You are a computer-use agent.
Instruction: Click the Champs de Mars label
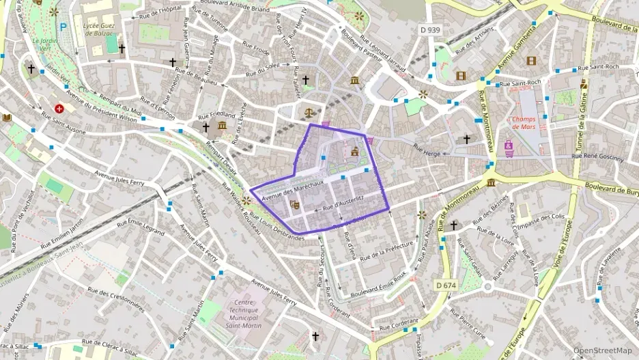click(x=526, y=123)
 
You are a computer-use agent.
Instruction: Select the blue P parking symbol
click(x=63, y=27)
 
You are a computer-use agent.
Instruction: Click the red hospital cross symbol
click(x=60, y=108)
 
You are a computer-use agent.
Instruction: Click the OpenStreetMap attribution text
click(x=603, y=350)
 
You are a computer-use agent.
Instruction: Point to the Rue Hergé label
click(x=428, y=148)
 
